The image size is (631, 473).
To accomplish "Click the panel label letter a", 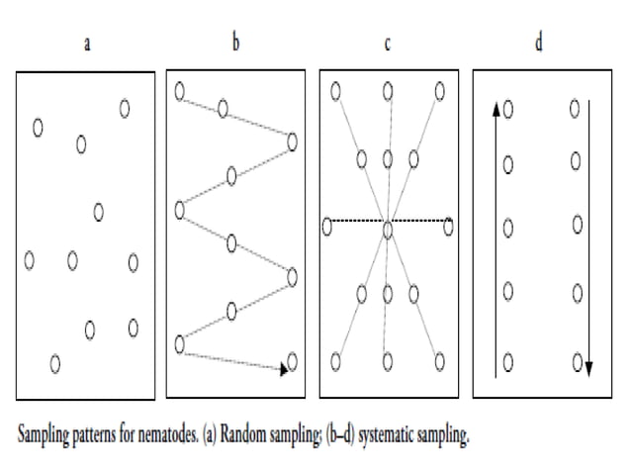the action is [87, 44].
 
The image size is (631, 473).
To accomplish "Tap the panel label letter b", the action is [235, 42].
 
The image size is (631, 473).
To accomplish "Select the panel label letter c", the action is [388, 44].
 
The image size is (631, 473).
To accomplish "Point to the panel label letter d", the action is [539, 42].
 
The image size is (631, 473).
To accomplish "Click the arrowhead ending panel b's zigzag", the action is [284, 369].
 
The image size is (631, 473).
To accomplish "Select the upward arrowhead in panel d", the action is [496, 109].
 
